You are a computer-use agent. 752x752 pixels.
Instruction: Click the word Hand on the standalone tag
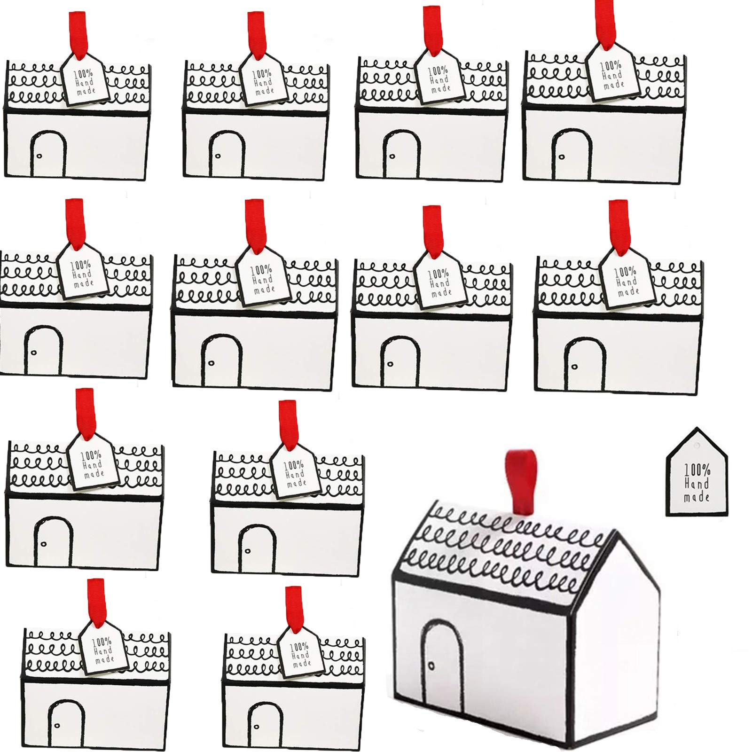697,483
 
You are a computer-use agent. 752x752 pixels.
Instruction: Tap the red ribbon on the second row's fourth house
618,225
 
